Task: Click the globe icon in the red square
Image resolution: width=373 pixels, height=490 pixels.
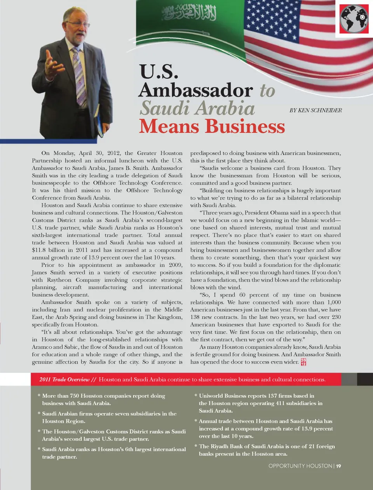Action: click(354, 19)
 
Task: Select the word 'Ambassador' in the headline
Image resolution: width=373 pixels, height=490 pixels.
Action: click(196, 90)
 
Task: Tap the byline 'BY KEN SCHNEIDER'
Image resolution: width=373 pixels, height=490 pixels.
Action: click(315, 110)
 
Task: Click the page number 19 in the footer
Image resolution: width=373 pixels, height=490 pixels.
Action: click(339, 466)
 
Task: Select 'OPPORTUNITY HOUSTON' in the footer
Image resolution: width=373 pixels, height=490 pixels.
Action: click(300, 466)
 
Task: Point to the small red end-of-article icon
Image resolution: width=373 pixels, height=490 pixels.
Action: click(303, 362)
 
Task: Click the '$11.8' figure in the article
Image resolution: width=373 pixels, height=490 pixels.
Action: click(39, 250)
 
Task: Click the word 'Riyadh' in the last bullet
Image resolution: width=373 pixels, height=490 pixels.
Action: click(221, 446)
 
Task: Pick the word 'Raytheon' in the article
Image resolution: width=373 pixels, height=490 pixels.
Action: click(59, 280)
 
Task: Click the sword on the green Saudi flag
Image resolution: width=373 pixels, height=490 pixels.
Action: click(190, 31)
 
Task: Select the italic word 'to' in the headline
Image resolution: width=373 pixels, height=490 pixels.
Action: click(267, 91)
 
